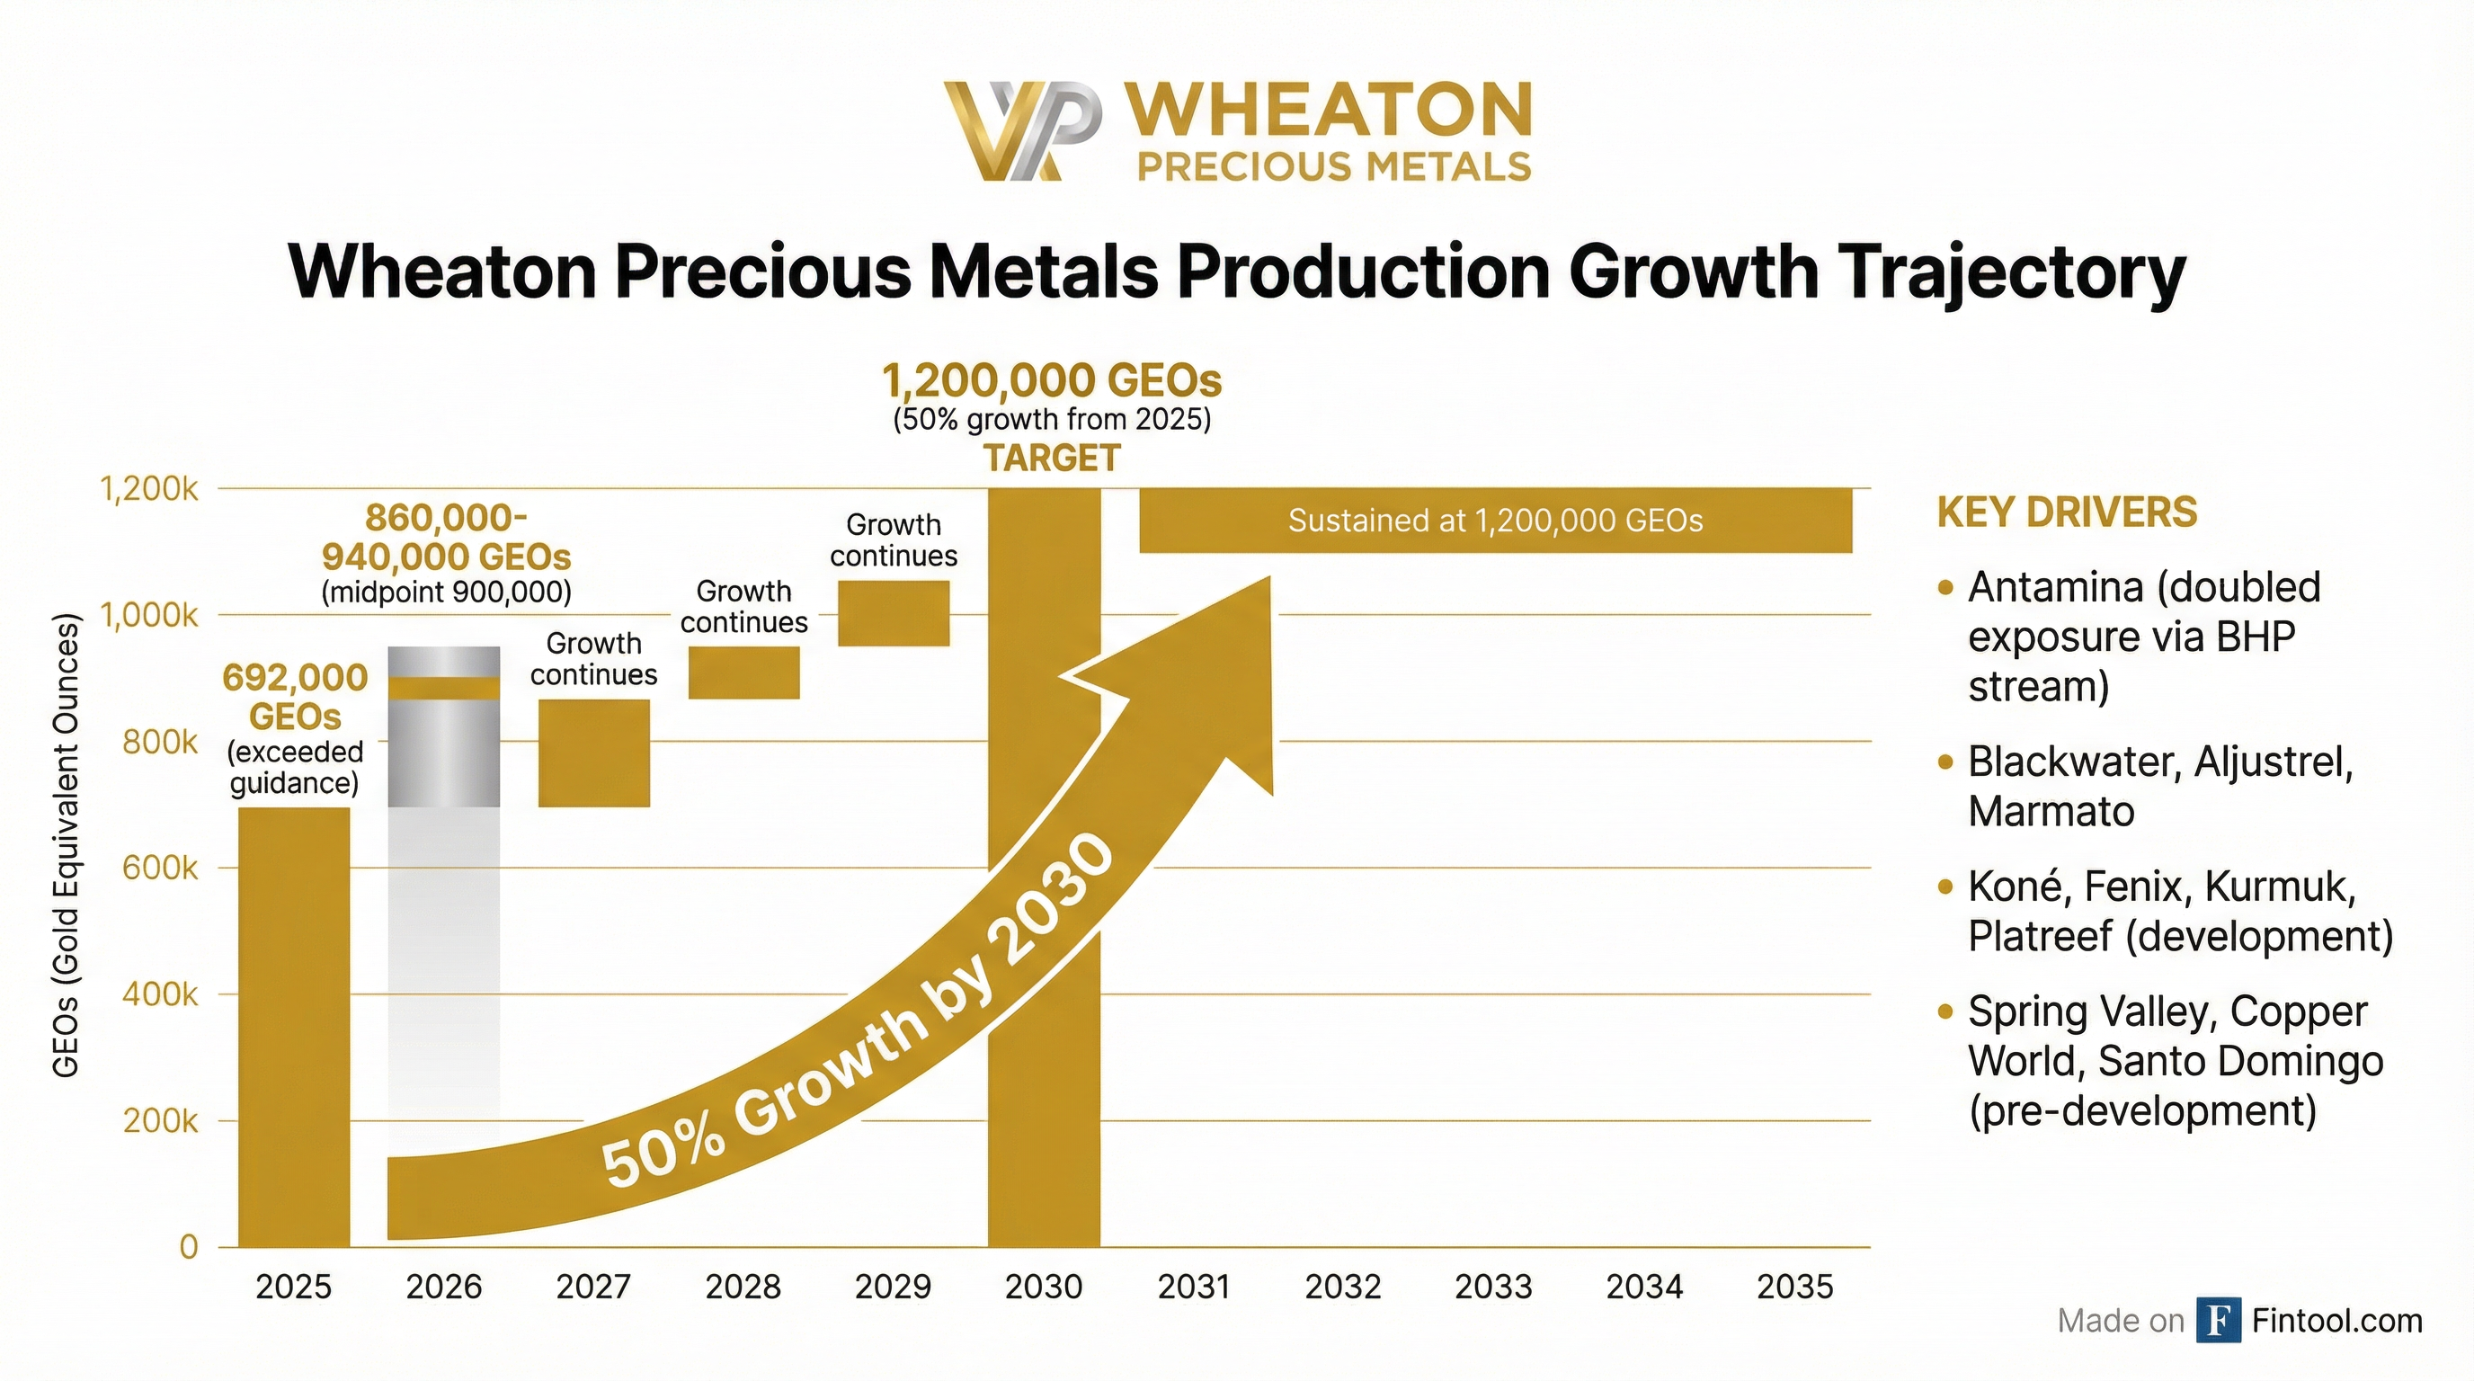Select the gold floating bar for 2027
pyautogui.click(x=593, y=753)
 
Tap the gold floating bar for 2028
pyautogui.click(x=744, y=673)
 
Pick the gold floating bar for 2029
pyautogui.click(x=894, y=612)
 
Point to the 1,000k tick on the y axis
pyautogui.click(x=150, y=615)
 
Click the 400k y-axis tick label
pyautogui.click(x=159, y=994)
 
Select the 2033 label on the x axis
pyautogui.click(x=1493, y=1287)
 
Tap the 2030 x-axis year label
pyautogui.click(x=1043, y=1287)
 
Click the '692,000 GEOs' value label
pyautogui.click(x=295, y=696)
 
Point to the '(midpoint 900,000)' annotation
pyautogui.click(x=447, y=592)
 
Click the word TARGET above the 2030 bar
pyautogui.click(x=1052, y=459)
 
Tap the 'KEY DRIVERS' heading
pyautogui.click(x=2067, y=512)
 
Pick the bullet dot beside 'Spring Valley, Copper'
pyautogui.click(x=1945, y=1012)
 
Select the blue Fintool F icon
pyautogui.click(x=2218, y=1321)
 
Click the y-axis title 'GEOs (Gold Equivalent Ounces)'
pyautogui.click(x=66, y=845)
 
